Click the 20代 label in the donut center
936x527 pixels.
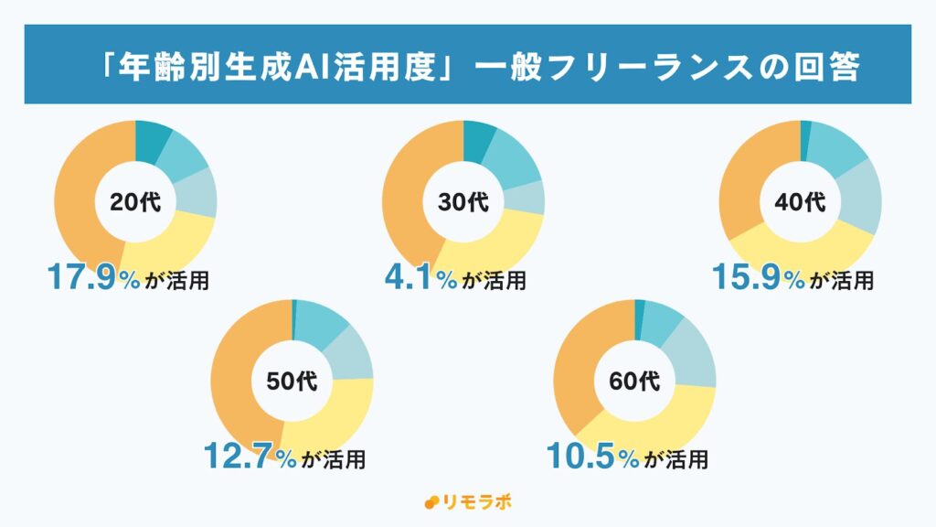pos(135,202)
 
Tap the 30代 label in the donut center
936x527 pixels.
pos(463,202)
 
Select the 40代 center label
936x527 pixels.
pos(801,200)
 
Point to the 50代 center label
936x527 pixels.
pos(292,381)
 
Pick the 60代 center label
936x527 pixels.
pos(634,381)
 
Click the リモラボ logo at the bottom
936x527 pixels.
pos(466,502)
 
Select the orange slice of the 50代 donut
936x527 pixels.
pos(233,384)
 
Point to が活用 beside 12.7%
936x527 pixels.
pos(334,458)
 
